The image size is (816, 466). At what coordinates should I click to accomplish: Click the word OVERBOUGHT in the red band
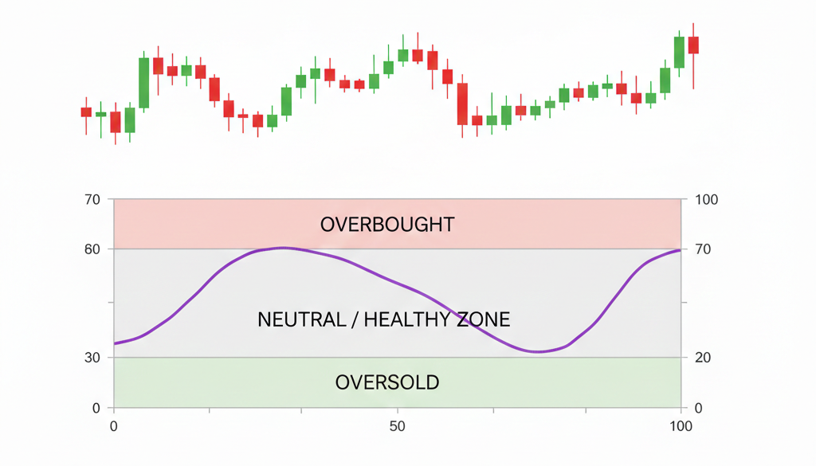pos(387,225)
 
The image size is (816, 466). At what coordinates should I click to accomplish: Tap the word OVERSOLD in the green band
pos(387,382)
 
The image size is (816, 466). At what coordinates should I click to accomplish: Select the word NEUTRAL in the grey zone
pos(303,320)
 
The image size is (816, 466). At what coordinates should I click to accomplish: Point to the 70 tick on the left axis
pos(92,199)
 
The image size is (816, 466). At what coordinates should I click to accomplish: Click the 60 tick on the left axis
pos(92,249)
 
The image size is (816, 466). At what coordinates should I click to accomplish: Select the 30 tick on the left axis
pos(92,357)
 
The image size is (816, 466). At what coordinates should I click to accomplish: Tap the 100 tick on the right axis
pos(706,199)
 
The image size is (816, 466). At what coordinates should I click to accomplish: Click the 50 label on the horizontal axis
pos(398,427)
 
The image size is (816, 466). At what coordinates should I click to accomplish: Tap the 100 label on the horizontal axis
pos(681,427)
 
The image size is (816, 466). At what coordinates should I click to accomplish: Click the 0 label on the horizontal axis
pos(114,427)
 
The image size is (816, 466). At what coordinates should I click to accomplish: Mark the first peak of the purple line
pos(283,248)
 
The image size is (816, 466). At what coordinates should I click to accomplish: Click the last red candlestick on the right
pos(693,45)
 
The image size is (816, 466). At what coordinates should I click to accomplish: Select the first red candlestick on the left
pos(86,112)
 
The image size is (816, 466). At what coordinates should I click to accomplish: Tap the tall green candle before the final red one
pos(679,52)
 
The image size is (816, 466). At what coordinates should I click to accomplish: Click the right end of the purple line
pos(681,250)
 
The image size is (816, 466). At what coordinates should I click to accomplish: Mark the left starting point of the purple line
pos(115,343)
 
